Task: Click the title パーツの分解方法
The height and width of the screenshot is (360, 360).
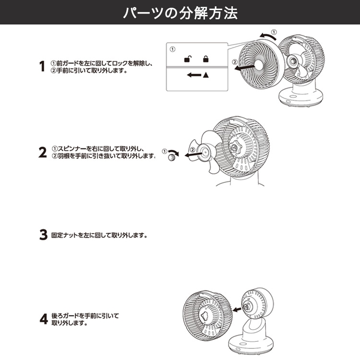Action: [x=180, y=12]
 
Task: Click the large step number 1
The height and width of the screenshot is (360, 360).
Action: [x=42, y=66]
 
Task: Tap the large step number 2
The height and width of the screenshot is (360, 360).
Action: [x=42, y=153]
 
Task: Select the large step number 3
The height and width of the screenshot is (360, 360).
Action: [x=43, y=235]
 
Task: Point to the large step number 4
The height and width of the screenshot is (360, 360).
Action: [x=44, y=319]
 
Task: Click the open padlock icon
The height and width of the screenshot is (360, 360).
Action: [x=188, y=59]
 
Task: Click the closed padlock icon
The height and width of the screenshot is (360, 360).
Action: [x=206, y=59]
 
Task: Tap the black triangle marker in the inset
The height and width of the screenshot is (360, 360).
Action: [x=206, y=75]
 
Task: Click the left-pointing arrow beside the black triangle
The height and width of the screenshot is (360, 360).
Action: [x=194, y=75]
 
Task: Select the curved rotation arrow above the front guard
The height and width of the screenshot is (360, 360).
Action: [x=268, y=36]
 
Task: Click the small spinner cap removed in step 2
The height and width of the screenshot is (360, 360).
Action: [x=171, y=157]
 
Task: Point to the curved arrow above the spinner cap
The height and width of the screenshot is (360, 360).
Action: [x=174, y=153]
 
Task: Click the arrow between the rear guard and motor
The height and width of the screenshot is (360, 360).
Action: [x=237, y=310]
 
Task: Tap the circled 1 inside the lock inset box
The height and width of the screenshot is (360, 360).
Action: [x=172, y=49]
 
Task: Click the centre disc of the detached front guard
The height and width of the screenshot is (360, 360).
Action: [x=258, y=65]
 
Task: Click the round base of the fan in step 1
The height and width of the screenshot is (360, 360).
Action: [x=301, y=97]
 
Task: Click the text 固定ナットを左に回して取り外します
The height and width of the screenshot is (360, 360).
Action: [x=99, y=235]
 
